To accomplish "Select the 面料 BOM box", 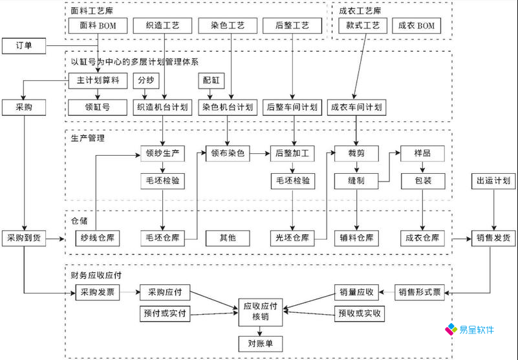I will (x=97, y=26).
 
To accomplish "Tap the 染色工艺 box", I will (x=227, y=26).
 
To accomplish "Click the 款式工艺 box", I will (x=363, y=26).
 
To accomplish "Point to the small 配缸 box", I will (x=211, y=81).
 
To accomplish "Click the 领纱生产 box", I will (x=162, y=154).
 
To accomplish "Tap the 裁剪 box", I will (x=356, y=154).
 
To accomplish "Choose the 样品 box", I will (x=422, y=154).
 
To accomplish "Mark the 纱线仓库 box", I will (x=97, y=238).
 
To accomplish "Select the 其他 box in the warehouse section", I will (x=228, y=238).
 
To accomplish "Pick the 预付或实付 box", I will (x=163, y=314).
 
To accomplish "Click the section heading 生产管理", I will (x=88, y=138).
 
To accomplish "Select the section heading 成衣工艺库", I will (x=360, y=10).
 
